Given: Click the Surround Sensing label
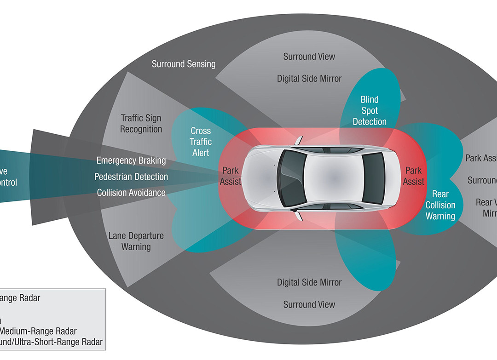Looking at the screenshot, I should [184, 64].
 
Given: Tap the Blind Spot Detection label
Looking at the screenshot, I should [370, 110].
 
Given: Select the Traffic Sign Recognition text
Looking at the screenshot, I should [141, 124].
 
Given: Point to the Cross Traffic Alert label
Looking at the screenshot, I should [201, 141].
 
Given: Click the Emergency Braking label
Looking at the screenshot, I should [131, 160].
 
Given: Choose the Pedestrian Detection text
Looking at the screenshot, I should [131, 177].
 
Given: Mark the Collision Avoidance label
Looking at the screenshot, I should [131, 193].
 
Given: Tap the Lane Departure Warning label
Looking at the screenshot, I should [136, 241].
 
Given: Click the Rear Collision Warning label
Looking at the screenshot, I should [440, 205].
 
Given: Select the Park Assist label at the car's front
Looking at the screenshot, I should [230, 176].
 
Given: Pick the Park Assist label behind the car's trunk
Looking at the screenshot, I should [413, 176].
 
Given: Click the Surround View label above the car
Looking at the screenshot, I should [309, 57].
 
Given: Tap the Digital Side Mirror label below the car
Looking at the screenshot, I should [309, 282].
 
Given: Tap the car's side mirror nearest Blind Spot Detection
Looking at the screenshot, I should [299, 139].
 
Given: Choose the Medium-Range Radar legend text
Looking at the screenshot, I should [39, 331].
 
